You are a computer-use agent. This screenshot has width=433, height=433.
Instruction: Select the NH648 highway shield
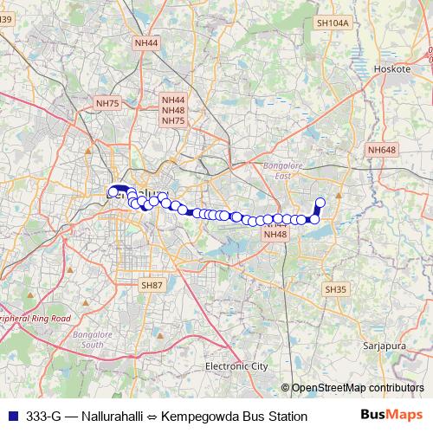(x=381, y=150)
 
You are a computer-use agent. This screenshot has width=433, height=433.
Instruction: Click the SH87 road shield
(x=152, y=285)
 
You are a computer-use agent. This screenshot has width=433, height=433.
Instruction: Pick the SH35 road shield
(x=334, y=288)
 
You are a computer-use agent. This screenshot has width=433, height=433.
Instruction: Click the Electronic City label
(x=236, y=366)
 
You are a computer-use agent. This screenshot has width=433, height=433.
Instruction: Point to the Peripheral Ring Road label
(x=35, y=319)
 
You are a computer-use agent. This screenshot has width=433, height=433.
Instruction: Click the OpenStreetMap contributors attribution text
(x=356, y=387)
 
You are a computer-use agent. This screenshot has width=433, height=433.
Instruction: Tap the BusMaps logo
(x=391, y=415)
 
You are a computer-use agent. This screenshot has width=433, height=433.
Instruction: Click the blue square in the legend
(x=12, y=416)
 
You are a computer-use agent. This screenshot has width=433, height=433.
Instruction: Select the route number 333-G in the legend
(x=43, y=416)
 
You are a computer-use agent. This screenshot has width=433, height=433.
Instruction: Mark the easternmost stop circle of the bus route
(x=320, y=203)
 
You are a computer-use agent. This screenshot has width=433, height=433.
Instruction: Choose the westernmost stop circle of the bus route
(x=113, y=191)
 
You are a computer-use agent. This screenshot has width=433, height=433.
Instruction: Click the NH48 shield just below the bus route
(x=275, y=235)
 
